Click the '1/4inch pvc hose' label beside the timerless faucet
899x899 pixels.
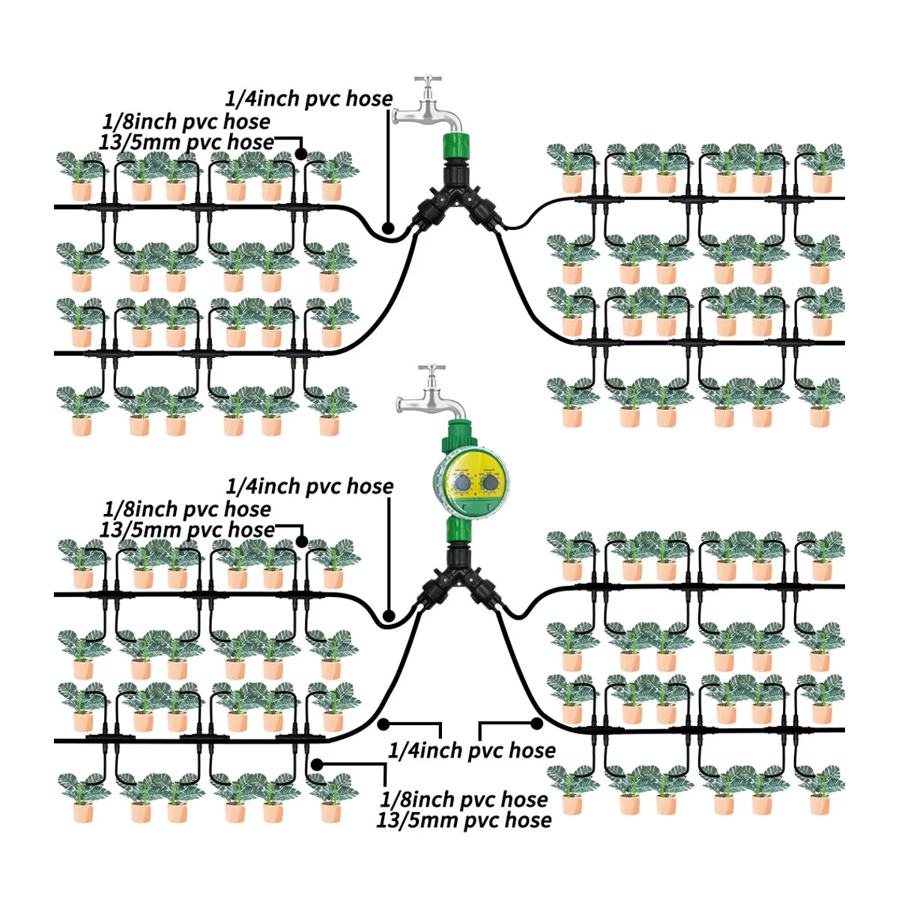pos(309,100)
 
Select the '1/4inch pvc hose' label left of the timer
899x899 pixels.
pos(309,487)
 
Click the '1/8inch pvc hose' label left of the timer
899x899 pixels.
pos(187,509)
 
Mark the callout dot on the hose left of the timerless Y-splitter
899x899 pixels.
pos(387,228)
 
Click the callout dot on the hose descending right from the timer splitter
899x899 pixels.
pos(537,724)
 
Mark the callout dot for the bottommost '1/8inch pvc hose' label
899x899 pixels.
pos(317,764)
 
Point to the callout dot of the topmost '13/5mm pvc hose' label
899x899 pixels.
pos(301,153)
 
